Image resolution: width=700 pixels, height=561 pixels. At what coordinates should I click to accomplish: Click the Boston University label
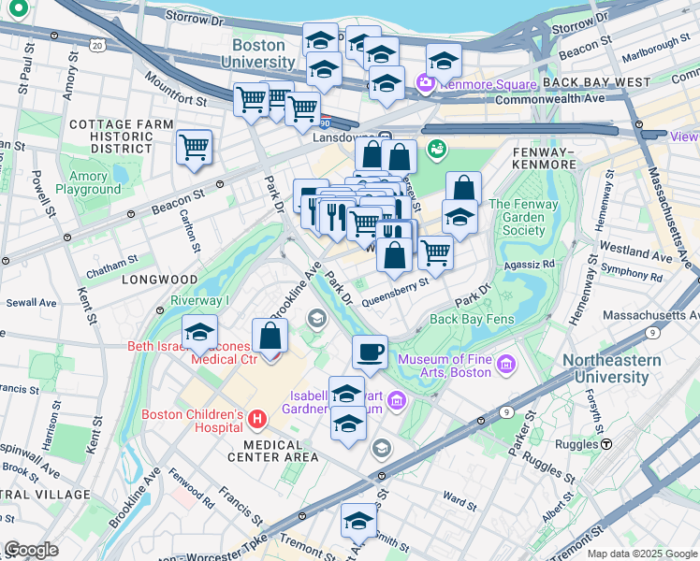pyautogui.click(x=257, y=53)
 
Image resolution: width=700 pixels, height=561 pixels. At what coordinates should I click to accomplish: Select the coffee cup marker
pyautogui.click(x=371, y=352)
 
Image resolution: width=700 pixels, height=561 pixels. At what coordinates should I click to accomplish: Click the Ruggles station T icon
pyautogui.click(x=606, y=444)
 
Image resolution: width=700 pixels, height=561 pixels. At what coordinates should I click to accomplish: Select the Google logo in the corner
pyautogui.click(x=31, y=550)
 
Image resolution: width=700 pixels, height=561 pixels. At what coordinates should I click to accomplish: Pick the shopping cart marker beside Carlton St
pyautogui.click(x=194, y=147)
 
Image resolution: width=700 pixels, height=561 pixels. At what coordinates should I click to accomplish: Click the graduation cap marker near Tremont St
pyautogui.click(x=358, y=519)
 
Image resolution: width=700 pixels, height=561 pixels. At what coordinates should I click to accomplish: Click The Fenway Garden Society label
pyautogui.click(x=517, y=218)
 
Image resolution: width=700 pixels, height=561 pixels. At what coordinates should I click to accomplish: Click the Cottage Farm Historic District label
pyautogui.click(x=122, y=137)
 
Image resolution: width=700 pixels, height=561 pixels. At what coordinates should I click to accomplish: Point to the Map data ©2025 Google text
pyautogui.click(x=641, y=554)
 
